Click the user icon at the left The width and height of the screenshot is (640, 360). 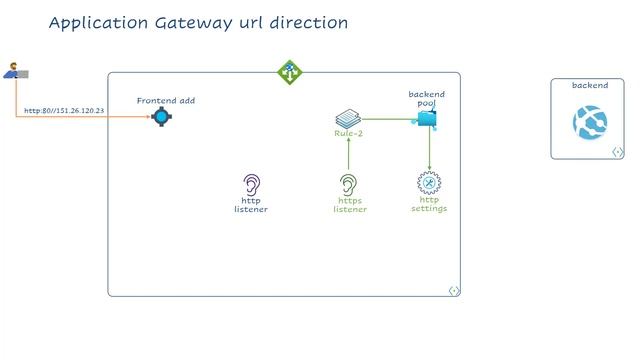pyautogui.click(x=14, y=71)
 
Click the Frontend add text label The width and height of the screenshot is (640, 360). pyautogui.click(x=165, y=100)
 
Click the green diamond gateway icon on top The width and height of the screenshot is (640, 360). pyautogui.click(x=289, y=72)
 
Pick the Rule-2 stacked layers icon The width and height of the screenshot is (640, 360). pyautogui.click(x=347, y=119)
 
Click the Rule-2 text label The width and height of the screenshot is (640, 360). pyautogui.click(x=348, y=133)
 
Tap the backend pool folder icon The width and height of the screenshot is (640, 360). pyautogui.click(x=428, y=119)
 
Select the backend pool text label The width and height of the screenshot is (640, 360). pyautogui.click(x=427, y=98)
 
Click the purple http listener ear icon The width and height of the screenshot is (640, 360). pyautogui.click(x=252, y=185)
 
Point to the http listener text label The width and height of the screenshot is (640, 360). pyautogui.click(x=251, y=205)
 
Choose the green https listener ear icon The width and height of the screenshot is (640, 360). pyautogui.click(x=348, y=185)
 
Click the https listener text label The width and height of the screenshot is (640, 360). pyautogui.click(x=350, y=205)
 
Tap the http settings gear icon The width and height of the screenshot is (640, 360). pyautogui.click(x=429, y=183)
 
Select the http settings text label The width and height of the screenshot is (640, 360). pyautogui.click(x=429, y=204)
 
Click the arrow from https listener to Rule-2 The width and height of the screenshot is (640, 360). pyautogui.click(x=348, y=155)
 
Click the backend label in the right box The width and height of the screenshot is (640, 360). pyautogui.click(x=589, y=86)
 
